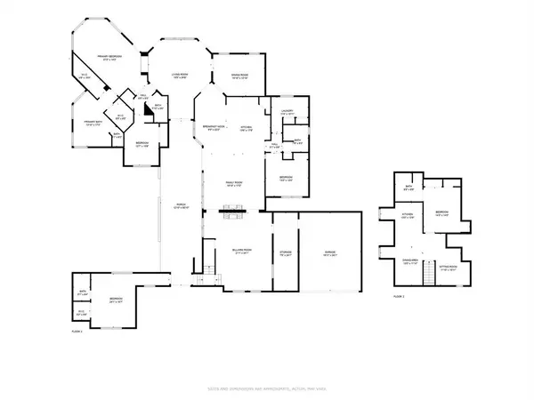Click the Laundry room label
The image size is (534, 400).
click(x=287, y=112)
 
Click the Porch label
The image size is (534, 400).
click(x=178, y=208)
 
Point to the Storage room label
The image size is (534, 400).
click(x=285, y=252)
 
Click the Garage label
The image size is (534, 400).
click(x=328, y=252)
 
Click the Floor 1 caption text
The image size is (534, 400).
click(x=77, y=331)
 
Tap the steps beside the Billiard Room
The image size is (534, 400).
click(x=210, y=269)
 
